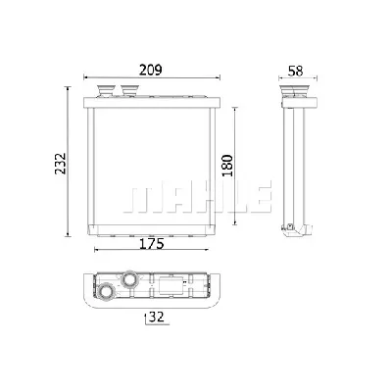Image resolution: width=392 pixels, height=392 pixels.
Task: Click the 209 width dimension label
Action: pos(151,70)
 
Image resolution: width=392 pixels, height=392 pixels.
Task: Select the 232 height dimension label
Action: pos(61,164)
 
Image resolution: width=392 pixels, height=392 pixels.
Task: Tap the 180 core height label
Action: pos(227,166)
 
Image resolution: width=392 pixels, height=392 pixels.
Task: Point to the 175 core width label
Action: pos(151,244)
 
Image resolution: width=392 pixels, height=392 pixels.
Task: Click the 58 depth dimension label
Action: pos(296,71)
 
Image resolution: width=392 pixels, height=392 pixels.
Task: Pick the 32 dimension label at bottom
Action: pos(156,317)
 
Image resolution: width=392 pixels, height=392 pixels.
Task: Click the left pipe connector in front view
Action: pos(106,90)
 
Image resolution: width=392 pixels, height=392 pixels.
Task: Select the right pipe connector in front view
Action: pos(130,90)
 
